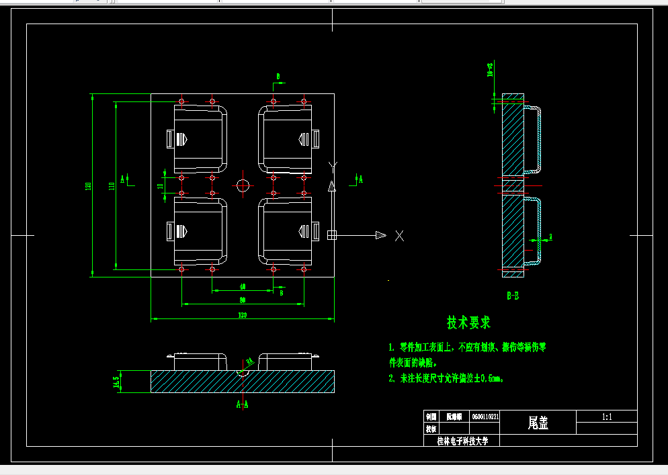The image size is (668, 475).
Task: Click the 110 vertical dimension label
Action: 112,186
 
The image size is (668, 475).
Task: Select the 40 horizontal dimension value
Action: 242,287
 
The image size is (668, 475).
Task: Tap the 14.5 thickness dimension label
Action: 116,382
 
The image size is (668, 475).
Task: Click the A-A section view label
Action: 243,404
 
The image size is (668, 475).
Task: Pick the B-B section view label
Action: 513,295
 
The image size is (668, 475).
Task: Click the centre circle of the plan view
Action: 243,185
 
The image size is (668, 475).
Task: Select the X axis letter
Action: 399,235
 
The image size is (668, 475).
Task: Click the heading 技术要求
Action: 469,323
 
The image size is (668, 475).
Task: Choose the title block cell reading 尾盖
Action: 538,423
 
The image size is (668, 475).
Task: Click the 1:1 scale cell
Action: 607,417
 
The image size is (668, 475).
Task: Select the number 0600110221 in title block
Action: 485,417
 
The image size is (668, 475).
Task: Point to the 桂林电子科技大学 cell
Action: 463,441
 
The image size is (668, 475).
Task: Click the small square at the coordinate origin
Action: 331,234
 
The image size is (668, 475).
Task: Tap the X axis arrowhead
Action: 381,234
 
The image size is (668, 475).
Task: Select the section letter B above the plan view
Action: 278,77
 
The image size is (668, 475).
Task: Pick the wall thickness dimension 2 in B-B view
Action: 550,236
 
